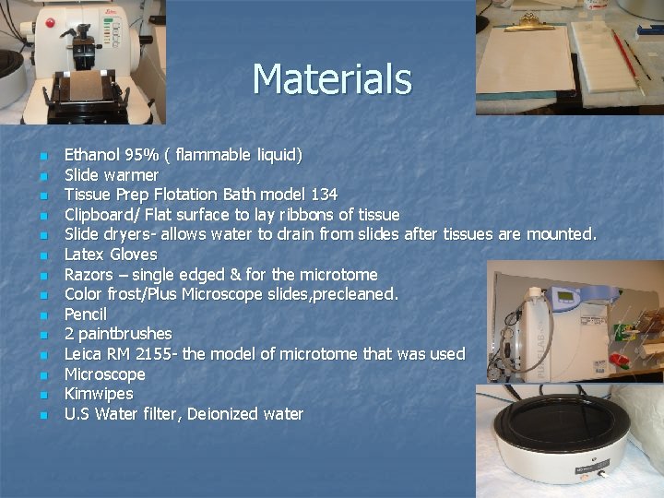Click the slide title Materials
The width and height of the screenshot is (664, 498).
pyautogui.click(x=332, y=78)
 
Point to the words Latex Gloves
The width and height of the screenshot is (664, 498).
pyautogui.click(x=111, y=254)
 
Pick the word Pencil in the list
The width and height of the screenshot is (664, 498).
pyautogui.click(x=86, y=314)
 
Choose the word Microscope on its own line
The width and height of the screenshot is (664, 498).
pyautogui.click(x=105, y=373)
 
